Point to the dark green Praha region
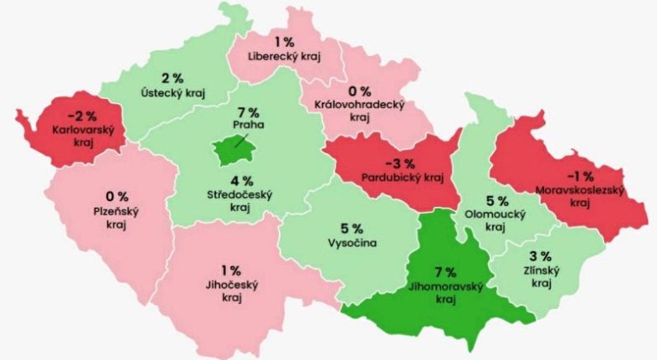coord(233,151)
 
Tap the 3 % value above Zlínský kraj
coord(540,255)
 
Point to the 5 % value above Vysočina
coord(352,228)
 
